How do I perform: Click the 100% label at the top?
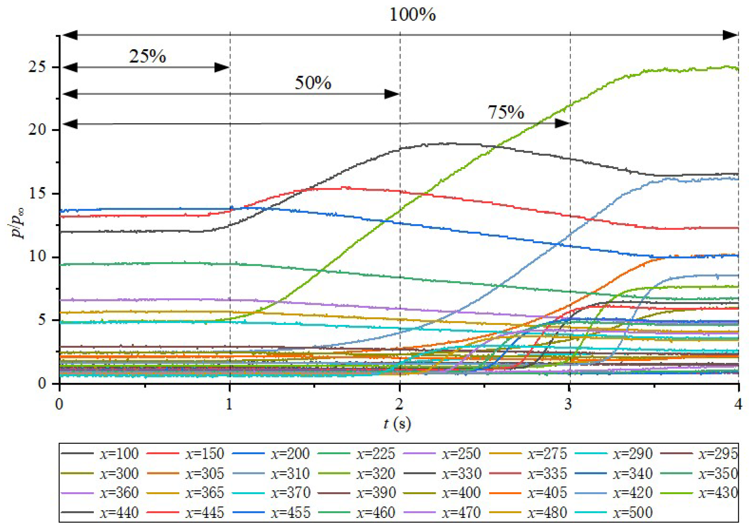click(x=412, y=15)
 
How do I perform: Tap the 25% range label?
click(x=147, y=56)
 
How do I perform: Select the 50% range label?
click(x=313, y=83)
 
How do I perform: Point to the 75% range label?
click(x=506, y=112)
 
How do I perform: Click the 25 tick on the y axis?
click(x=37, y=67)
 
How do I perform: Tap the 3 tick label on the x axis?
click(x=568, y=404)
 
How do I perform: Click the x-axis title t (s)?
click(x=397, y=424)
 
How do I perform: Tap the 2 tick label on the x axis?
click(x=399, y=404)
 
